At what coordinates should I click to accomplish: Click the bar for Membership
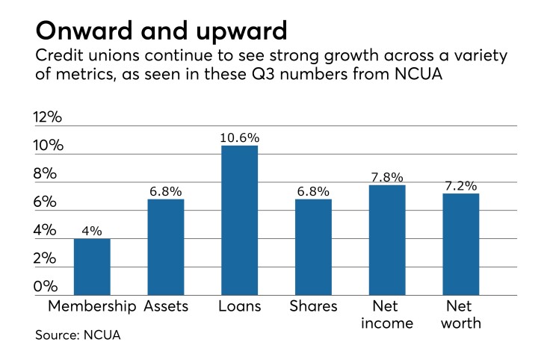pos(92,267)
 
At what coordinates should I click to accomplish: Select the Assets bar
pos(166,246)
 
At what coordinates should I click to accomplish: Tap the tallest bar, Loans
pos(239,220)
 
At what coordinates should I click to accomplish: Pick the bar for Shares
pos(313,246)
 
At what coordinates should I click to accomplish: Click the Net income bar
pos(387,240)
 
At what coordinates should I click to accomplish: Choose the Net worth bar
pos(460,244)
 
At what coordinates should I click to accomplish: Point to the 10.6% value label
pos(239,137)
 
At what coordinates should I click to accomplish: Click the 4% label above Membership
pos(92,231)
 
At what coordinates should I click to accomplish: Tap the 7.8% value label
pos(387,177)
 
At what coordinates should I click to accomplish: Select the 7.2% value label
pos(460,185)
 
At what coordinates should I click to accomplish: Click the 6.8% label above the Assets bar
pos(166,191)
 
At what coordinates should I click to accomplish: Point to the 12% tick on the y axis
pos(50,117)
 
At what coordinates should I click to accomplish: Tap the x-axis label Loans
pos(239,306)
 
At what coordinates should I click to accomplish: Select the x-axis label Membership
pos(92,306)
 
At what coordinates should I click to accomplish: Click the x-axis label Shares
pos(313,306)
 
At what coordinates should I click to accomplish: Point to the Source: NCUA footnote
pos(78,335)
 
